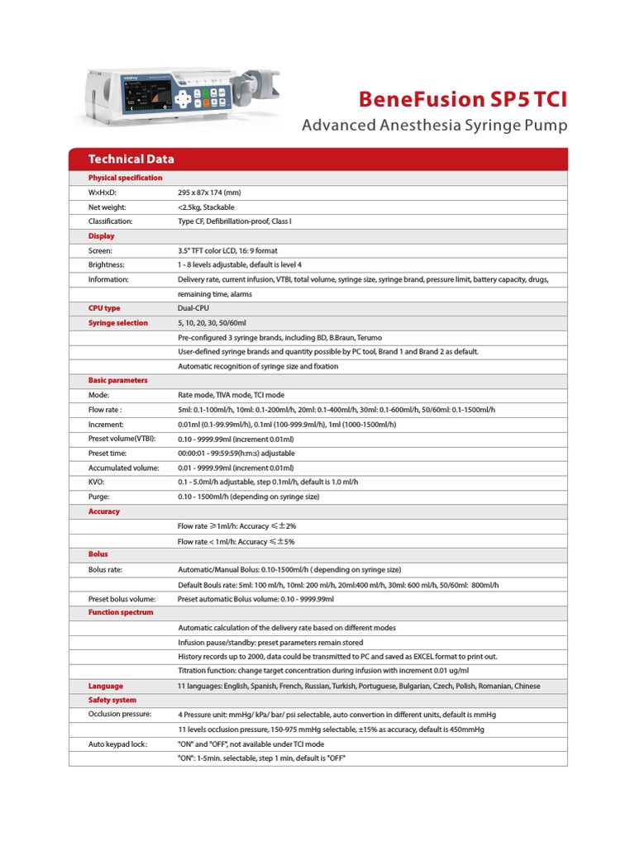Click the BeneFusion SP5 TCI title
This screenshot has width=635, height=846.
coord(463,100)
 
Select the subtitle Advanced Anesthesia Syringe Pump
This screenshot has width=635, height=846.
coord(435,126)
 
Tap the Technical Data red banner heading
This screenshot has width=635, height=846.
coord(131,159)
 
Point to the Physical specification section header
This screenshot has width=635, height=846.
coord(125,178)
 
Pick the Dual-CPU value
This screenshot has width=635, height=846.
coord(194,308)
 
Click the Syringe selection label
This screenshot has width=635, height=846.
coord(117,323)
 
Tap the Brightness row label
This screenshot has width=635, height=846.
coord(107,264)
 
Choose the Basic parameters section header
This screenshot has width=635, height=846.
coord(117,380)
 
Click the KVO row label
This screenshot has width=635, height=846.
coord(97,482)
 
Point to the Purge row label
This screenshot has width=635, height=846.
coord(99,497)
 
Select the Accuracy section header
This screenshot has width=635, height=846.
coord(104,511)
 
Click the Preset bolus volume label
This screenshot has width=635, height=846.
coord(122,599)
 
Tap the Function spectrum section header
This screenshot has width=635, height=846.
coord(120,613)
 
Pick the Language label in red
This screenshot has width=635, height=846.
coord(106,686)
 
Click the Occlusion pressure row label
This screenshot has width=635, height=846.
coord(120,714)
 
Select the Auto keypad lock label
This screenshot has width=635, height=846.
coord(117,744)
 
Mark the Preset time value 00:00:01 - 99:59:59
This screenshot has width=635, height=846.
coord(236,453)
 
